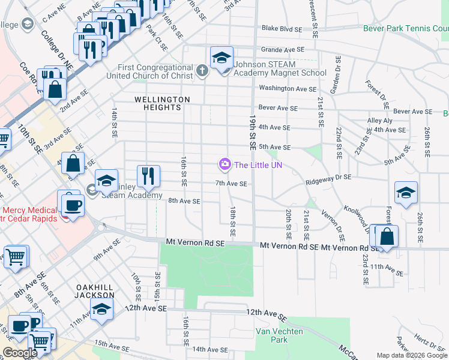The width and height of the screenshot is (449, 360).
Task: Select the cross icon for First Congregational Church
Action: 202,72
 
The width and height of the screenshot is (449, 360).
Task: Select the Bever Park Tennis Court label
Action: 406,28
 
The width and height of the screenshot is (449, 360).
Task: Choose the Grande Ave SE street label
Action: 282,49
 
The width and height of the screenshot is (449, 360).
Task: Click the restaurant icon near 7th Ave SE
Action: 148,176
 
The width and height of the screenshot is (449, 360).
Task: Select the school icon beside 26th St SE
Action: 406,193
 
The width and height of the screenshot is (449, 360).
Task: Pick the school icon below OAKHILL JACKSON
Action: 101,310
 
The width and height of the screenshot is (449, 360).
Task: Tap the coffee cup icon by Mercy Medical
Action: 73,205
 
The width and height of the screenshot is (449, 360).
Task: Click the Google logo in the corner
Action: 20,353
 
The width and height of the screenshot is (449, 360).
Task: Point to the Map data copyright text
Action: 412,355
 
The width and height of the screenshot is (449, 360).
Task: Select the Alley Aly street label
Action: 379,121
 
